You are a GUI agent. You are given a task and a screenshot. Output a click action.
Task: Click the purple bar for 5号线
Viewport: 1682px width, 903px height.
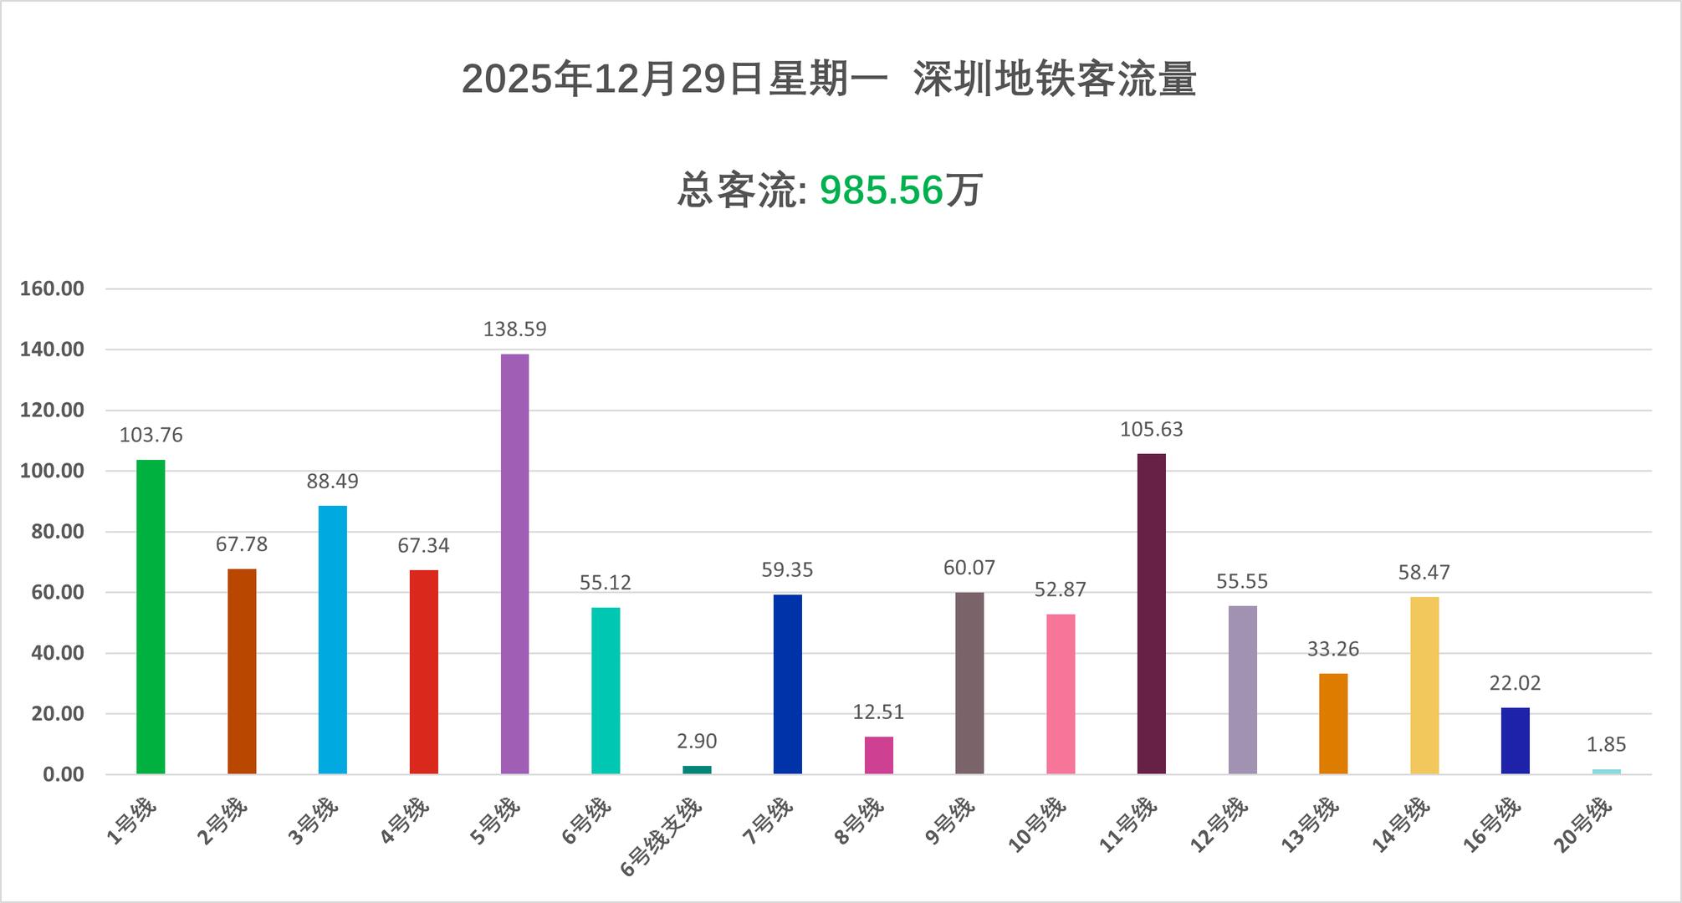click(x=514, y=564)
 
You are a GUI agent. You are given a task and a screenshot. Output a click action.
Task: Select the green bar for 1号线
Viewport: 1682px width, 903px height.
click(x=151, y=616)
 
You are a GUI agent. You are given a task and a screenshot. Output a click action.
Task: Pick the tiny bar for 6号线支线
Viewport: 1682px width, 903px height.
click(x=697, y=769)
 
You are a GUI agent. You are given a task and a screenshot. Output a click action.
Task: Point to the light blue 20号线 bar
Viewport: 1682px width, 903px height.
click(x=1606, y=771)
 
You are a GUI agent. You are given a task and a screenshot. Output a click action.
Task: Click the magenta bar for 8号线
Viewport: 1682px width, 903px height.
click(x=878, y=755)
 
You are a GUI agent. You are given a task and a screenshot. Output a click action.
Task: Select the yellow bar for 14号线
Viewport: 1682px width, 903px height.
click(x=1424, y=685)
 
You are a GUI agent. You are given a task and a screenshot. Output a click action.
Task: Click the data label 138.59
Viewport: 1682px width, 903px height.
click(x=514, y=329)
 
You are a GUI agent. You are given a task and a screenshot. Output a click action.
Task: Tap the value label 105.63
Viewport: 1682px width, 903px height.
click(x=1151, y=430)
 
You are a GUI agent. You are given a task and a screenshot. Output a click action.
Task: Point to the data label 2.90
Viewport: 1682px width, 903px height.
click(x=697, y=742)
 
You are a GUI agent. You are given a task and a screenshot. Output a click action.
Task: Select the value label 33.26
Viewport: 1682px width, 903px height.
click(x=1333, y=649)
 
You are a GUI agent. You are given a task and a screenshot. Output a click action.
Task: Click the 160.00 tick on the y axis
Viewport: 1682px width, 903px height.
click(x=52, y=289)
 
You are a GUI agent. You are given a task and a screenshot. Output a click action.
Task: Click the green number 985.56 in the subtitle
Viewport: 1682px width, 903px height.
click(x=881, y=191)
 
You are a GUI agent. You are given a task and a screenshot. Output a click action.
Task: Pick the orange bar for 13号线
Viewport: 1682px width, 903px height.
click(x=1333, y=723)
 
